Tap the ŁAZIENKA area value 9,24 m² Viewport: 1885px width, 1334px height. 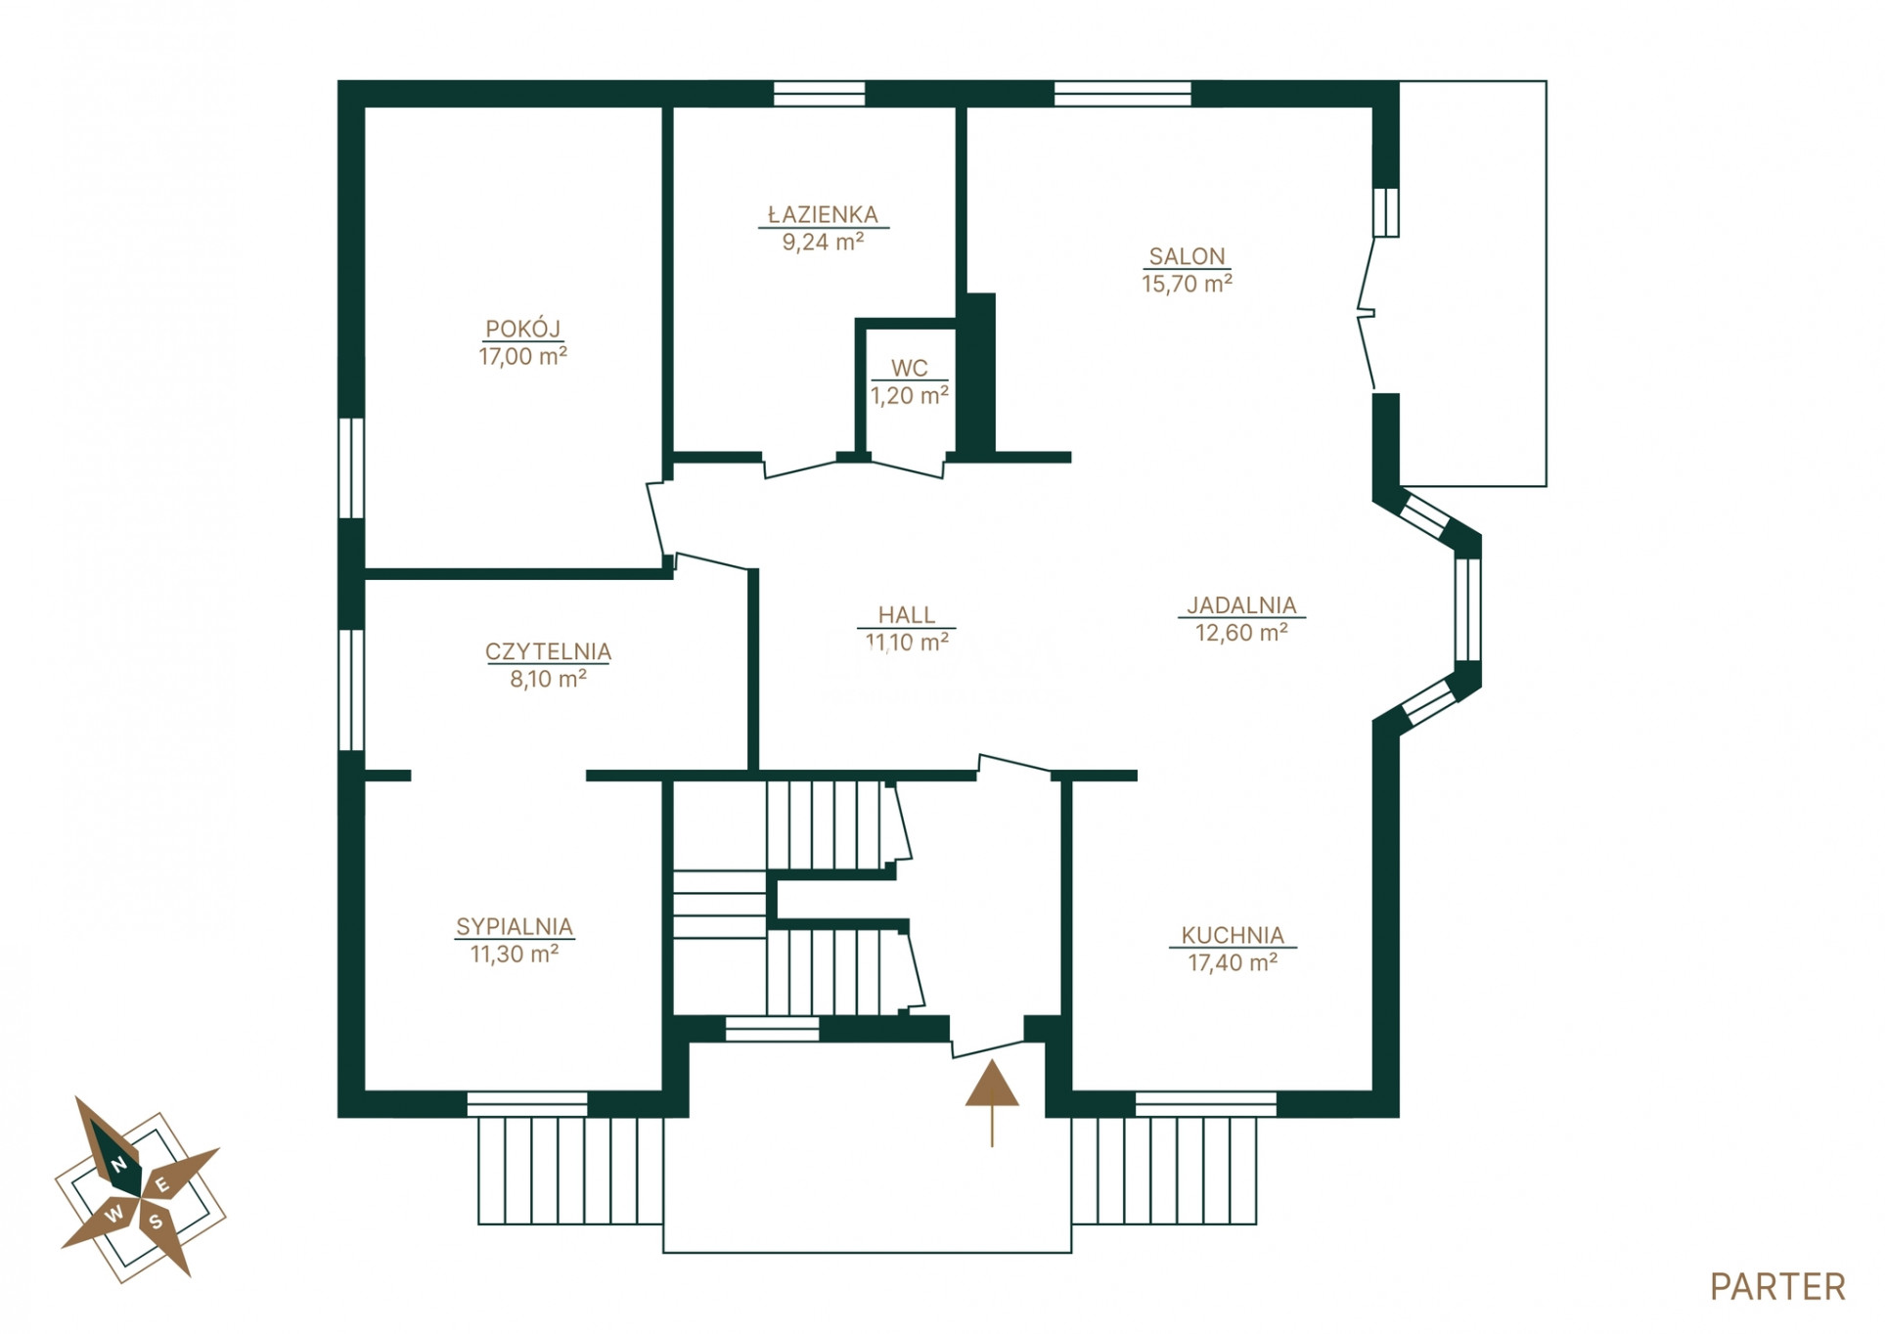[823, 242]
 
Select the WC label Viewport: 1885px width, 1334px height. [909, 368]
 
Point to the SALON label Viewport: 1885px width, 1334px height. [1187, 256]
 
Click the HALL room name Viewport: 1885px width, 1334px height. [906, 614]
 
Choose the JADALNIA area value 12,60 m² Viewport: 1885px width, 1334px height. [1241, 633]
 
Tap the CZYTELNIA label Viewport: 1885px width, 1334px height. [548, 651]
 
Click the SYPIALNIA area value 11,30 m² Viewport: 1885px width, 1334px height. [515, 954]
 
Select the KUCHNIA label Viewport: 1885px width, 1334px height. [1233, 935]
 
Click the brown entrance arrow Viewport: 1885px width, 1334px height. [992, 1102]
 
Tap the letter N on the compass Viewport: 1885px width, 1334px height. [118, 1165]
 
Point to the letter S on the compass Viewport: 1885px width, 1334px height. [156, 1222]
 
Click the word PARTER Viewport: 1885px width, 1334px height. [1777, 1287]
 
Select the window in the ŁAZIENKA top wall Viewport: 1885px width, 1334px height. [819, 94]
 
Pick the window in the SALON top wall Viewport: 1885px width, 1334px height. [1122, 94]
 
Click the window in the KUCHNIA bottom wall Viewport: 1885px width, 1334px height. [1205, 1104]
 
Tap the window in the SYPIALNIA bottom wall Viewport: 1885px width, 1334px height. [526, 1104]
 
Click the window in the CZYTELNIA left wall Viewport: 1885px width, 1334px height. [351, 689]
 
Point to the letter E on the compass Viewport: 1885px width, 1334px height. [163, 1186]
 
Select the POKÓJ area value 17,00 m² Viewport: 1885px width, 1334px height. [522, 356]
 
